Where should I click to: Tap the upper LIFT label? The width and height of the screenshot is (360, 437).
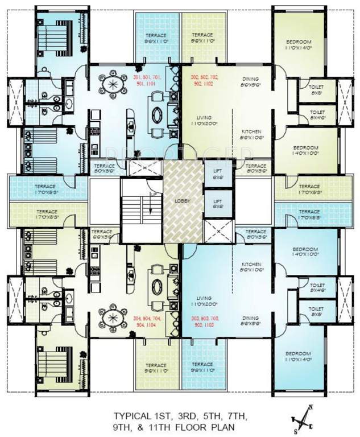[217, 173]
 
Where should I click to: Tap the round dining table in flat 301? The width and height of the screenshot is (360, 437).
[113, 86]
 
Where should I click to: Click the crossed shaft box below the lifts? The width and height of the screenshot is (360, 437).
[218, 232]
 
